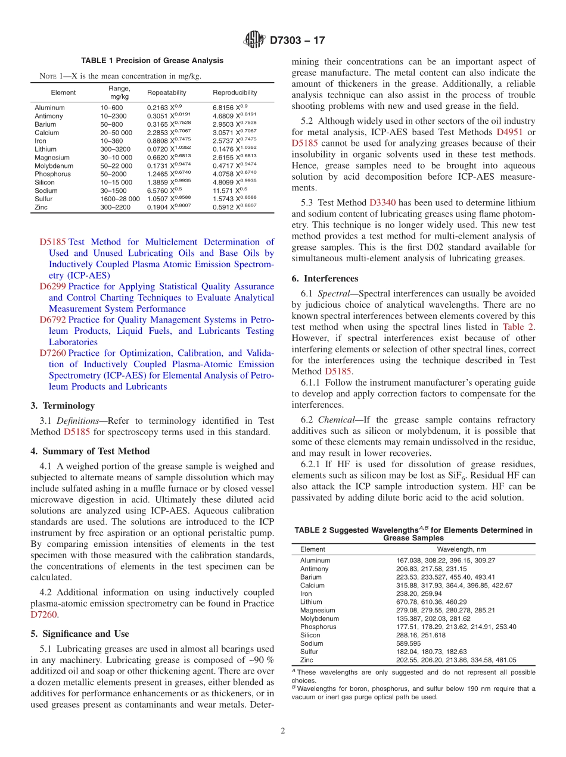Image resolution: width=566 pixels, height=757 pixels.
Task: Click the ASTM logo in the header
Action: (x=254, y=41)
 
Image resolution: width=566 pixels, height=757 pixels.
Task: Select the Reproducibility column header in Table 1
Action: (x=235, y=92)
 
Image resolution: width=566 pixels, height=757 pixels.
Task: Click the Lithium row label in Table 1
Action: (x=45, y=149)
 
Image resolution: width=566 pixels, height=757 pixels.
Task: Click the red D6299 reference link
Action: (x=52, y=286)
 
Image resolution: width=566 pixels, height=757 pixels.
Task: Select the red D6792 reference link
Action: (x=52, y=320)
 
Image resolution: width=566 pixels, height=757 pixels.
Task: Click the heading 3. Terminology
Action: (x=62, y=406)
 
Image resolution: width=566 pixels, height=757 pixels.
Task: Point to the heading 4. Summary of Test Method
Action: (x=90, y=451)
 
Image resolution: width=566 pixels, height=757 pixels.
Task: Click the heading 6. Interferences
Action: (x=325, y=279)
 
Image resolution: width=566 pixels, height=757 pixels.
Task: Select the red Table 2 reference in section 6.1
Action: (x=518, y=327)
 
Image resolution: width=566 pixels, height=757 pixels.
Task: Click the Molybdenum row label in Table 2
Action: (x=319, y=618)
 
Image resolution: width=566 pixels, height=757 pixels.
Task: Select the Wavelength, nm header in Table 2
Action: (x=461, y=549)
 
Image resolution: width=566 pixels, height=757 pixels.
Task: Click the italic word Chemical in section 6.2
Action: (x=337, y=420)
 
